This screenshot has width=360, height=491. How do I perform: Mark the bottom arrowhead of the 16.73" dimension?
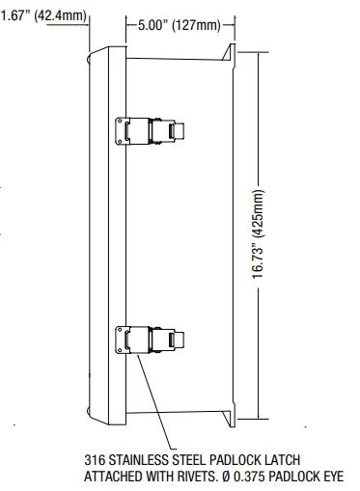(x=258, y=420)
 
